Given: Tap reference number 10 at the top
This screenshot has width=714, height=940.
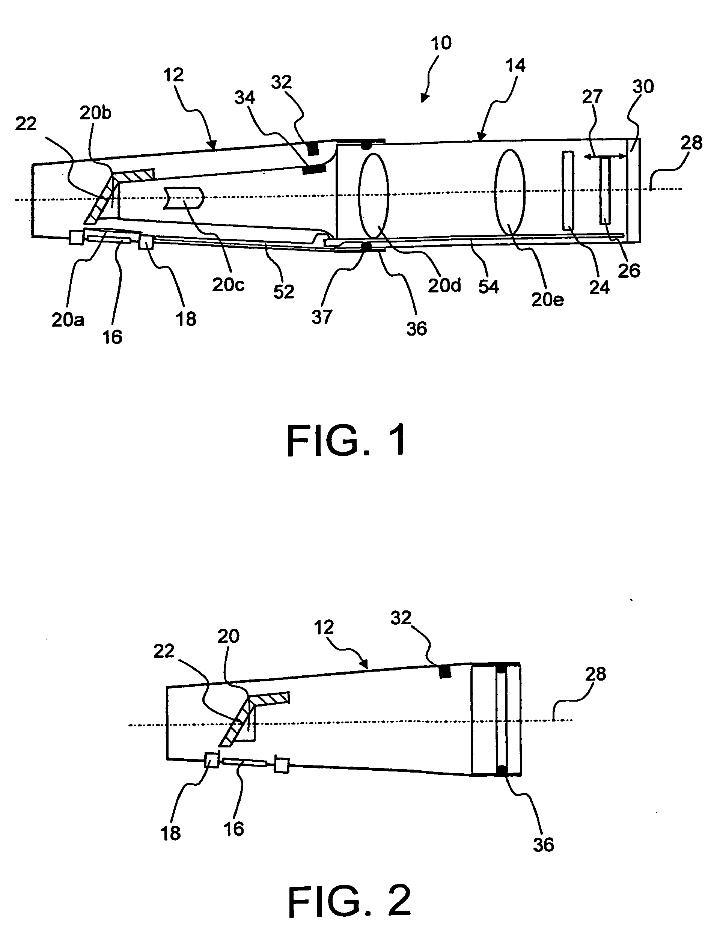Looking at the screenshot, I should [x=441, y=43].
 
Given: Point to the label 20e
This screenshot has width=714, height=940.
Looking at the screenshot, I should [x=547, y=300].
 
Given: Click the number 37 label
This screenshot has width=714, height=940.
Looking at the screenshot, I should [x=321, y=317].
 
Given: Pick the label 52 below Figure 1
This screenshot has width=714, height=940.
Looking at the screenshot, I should [x=283, y=292].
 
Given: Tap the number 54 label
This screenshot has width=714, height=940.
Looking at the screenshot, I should [x=488, y=287].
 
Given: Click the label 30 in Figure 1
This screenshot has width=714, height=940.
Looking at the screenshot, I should [x=643, y=87].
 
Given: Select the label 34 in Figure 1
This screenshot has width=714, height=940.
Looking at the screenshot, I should [x=245, y=98].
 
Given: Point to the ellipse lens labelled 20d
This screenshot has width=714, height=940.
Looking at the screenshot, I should [x=374, y=195].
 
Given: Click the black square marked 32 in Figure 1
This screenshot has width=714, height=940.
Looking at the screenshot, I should [x=313, y=148].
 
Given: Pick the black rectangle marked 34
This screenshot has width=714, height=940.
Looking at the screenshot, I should [x=314, y=170].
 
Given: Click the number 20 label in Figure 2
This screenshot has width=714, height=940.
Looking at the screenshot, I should [x=228, y=636].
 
